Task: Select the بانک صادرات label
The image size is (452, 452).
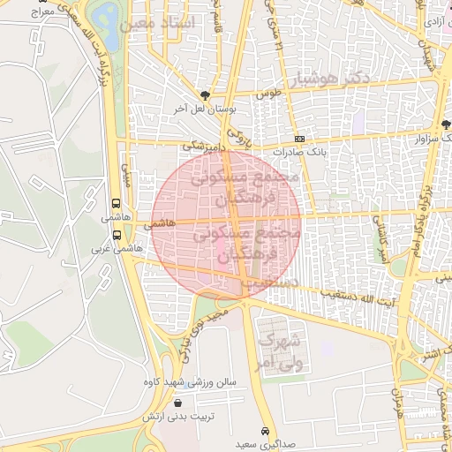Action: [x=299, y=151]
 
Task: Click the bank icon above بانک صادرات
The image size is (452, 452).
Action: [x=299, y=139]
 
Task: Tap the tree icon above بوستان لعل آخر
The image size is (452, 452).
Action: [x=206, y=95]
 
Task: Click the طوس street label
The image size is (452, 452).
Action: [x=267, y=93]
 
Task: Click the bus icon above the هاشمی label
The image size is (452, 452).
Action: [x=117, y=202]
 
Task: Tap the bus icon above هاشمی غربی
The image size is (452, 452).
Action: [x=117, y=235]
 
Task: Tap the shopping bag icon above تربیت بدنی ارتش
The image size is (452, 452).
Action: [x=177, y=403]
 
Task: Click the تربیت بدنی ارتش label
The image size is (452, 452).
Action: [x=177, y=415]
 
